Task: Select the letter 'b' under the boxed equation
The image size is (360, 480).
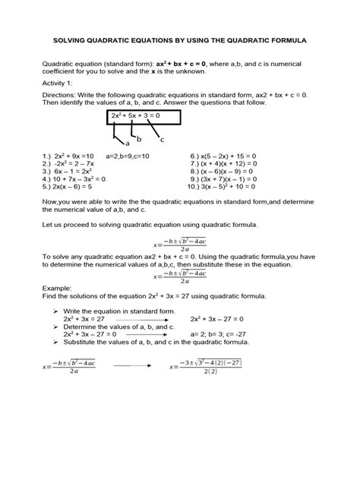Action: click(x=138, y=138)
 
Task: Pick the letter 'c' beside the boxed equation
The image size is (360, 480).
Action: click(x=162, y=140)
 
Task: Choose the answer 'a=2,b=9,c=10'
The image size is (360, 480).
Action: click(x=130, y=156)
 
